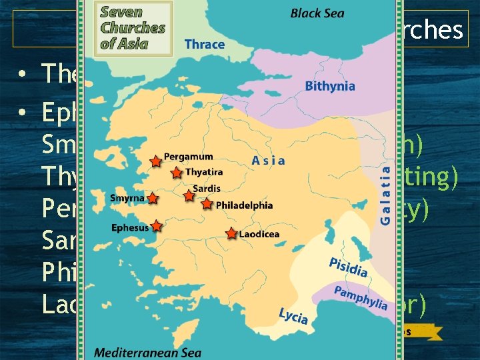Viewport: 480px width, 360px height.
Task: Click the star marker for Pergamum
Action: coord(155,161)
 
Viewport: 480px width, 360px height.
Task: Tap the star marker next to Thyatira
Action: coord(176,173)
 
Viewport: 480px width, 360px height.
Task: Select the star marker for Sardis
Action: coord(189,196)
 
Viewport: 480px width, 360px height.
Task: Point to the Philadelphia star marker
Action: coord(207,204)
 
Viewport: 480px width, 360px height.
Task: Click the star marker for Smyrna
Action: coord(153,198)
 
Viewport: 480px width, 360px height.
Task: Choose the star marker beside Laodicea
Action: coord(231,233)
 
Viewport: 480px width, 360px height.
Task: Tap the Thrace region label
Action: coord(204,44)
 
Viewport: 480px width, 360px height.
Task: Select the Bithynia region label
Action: coord(330,86)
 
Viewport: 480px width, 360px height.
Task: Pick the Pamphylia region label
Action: coord(361,297)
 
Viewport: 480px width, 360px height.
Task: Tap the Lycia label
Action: coord(293,315)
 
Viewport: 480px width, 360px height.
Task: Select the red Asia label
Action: coord(269,160)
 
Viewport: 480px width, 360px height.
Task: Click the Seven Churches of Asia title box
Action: coord(133,27)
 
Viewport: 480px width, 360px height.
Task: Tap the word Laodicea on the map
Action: coord(260,234)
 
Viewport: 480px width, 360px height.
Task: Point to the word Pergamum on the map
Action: coord(189,157)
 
